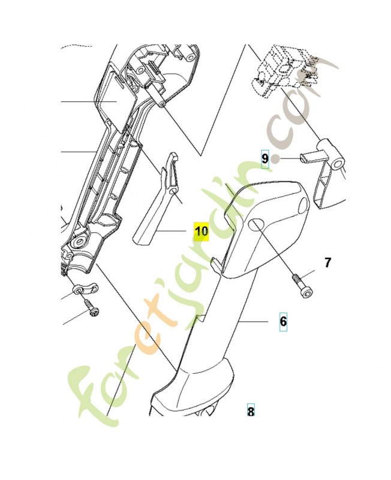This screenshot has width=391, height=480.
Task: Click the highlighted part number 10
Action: [x=200, y=231]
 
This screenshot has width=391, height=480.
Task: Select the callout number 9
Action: [x=264, y=158]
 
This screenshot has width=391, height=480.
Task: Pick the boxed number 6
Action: [x=283, y=322]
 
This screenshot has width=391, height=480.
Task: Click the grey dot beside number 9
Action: [x=275, y=159]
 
